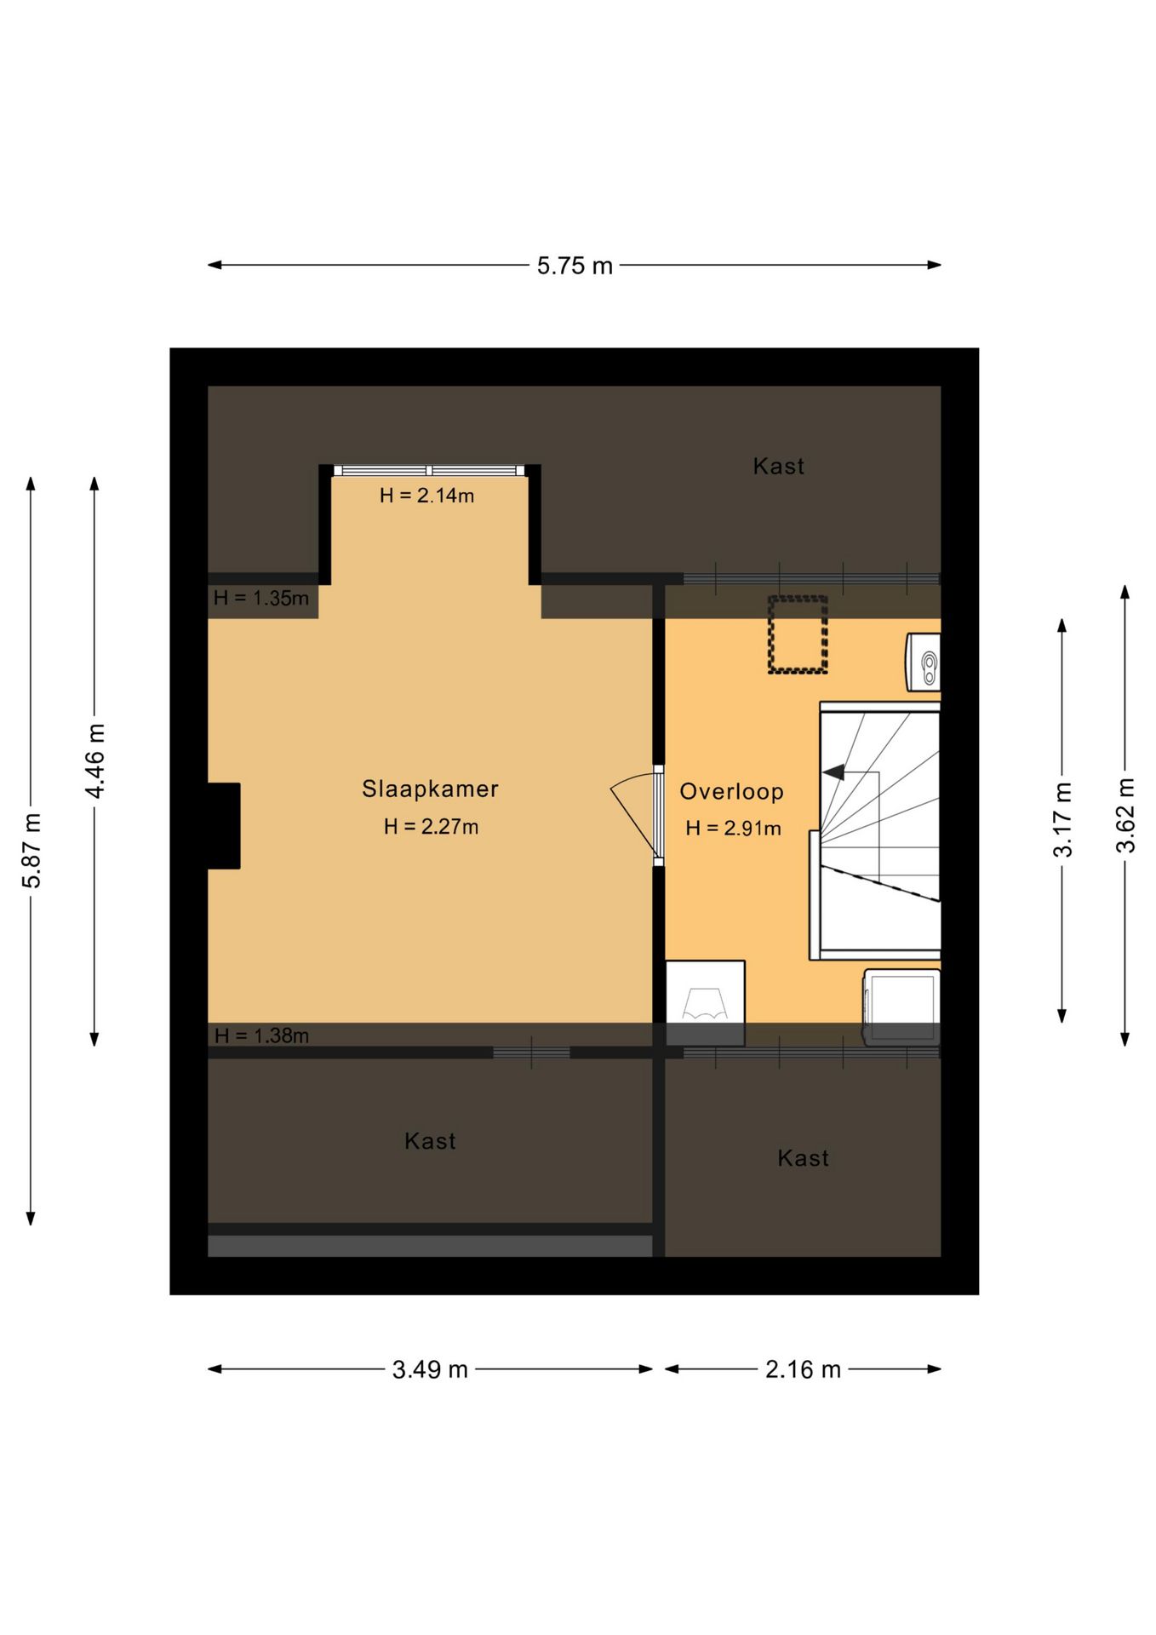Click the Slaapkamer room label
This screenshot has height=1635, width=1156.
(x=430, y=789)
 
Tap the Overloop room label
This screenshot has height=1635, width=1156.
(x=731, y=792)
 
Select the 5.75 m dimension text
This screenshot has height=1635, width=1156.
(x=575, y=267)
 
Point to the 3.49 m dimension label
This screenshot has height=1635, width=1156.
(x=430, y=1369)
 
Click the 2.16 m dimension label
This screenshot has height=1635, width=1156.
(x=803, y=1369)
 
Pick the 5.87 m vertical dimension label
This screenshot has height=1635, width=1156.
(x=31, y=851)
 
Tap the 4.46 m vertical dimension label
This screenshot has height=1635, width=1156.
(x=94, y=761)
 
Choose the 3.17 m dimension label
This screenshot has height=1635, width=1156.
(x=1062, y=819)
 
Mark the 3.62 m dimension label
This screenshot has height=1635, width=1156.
(x=1125, y=815)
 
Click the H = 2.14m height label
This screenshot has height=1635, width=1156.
(x=426, y=496)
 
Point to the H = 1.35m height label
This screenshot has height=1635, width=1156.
(x=261, y=598)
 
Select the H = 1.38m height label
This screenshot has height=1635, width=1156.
(x=261, y=1035)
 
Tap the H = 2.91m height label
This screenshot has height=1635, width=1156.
(x=733, y=829)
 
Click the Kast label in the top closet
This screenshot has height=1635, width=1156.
(x=779, y=466)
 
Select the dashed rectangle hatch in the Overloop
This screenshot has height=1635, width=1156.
(x=798, y=634)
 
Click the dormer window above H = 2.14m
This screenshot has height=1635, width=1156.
(x=429, y=470)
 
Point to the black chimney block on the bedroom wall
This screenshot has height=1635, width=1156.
(x=224, y=825)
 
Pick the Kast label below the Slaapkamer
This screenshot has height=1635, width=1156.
(x=430, y=1141)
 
